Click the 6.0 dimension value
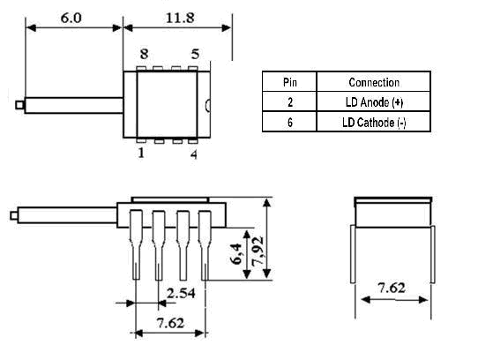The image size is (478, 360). coord(71,18)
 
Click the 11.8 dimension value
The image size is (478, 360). coord(180,18)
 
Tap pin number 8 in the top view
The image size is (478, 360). coord(144,55)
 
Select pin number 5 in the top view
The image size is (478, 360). coord(195,55)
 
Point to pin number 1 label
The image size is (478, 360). coord(141,153)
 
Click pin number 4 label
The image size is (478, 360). coord(194,154)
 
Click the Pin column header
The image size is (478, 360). coord(289,82)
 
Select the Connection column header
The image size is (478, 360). coord(374,82)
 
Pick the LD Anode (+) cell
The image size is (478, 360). coord(374,102)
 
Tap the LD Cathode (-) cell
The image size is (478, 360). coord(374,123)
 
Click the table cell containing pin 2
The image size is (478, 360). coord(290,102)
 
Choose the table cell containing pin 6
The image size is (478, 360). coord(290,123)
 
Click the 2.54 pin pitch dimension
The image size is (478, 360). coord(181,293)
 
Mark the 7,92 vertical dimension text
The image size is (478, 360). coord(258,251)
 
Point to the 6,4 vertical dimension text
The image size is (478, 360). coord(236,254)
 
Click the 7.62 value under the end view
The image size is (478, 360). coord(392,288)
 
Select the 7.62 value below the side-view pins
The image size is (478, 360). coord(170,323)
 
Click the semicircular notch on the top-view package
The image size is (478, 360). coord(207,105)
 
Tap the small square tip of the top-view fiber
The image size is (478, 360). coord(19,105)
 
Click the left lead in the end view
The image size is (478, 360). coord(353,254)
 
